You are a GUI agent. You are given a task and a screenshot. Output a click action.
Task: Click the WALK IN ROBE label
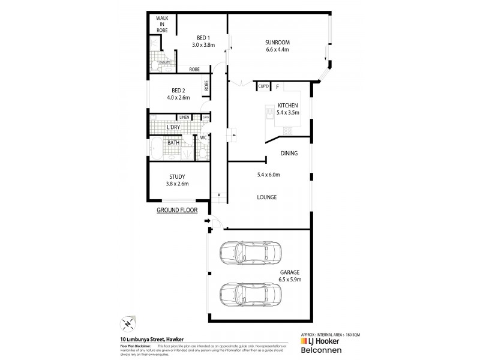(x=161, y=25)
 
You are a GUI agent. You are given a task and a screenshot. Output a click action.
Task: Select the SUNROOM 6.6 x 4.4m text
(x=277, y=46)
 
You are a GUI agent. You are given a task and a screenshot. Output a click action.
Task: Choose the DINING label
(x=289, y=154)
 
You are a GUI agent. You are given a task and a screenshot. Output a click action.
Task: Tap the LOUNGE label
(x=266, y=197)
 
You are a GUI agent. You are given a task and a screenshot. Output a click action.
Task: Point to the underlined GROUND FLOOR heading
(x=177, y=211)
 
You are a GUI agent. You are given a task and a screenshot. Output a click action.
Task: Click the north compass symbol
(x=128, y=323)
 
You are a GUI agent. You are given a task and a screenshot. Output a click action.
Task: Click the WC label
(x=203, y=138)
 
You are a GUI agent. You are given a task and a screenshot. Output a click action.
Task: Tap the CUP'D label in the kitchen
(x=263, y=87)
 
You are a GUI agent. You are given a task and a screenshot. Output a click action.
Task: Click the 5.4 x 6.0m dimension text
(x=268, y=175)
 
